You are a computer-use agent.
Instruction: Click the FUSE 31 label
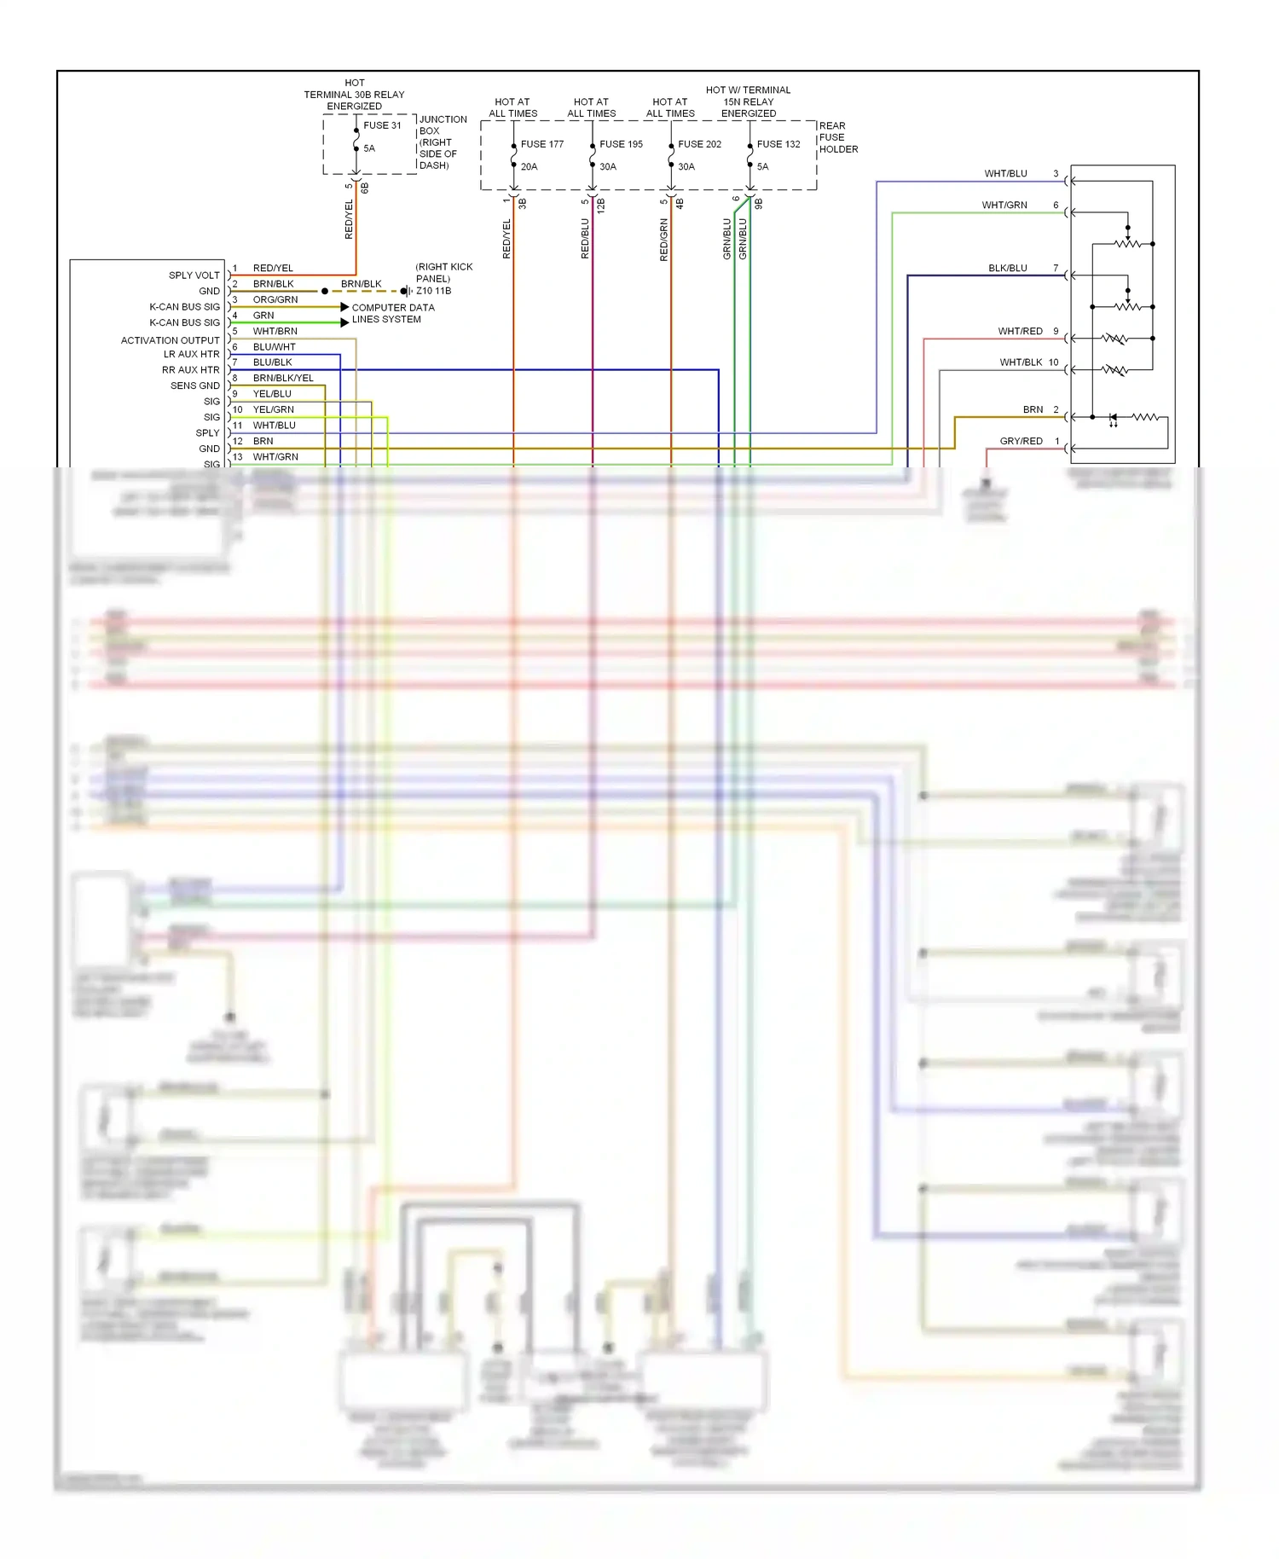click(382, 125)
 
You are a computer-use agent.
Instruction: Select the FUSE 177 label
click(542, 144)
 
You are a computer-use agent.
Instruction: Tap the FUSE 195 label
click(621, 144)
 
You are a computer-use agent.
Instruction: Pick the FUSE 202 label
click(699, 144)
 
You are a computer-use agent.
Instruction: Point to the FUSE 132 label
click(778, 144)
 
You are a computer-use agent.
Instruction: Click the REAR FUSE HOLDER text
click(837, 137)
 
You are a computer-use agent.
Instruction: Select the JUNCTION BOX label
click(442, 125)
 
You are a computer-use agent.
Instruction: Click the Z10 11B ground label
click(433, 291)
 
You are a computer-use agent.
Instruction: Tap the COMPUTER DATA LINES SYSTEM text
click(392, 313)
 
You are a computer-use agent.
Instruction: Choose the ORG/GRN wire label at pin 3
click(275, 299)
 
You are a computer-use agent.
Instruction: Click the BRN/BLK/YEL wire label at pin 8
click(283, 378)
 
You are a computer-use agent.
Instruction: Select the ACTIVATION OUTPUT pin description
click(170, 340)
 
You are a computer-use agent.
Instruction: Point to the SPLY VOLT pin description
click(194, 275)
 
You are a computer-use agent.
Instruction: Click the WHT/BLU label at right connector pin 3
click(1005, 174)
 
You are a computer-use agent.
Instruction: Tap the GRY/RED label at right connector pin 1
click(1021, 441)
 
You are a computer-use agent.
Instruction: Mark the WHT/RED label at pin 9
click(1020, 331)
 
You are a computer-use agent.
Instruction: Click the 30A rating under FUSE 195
click(607, 167)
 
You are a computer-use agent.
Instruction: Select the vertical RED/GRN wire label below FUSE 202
click(663, 240)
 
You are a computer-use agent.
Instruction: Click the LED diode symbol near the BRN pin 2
click(1113, 418)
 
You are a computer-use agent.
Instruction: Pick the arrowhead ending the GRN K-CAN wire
click(344, 322)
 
